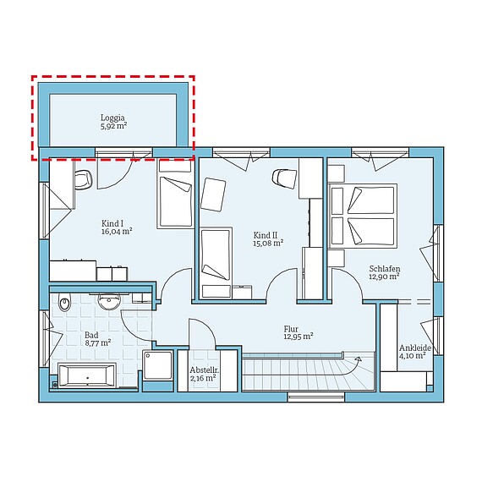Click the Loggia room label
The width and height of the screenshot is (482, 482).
(x=112, y=118)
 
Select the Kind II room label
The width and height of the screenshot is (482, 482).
(x=266, y=235)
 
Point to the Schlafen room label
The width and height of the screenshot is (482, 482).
(x=385, y=269)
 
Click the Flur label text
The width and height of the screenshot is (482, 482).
(x=291, y=329)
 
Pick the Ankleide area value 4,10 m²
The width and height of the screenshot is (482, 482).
(x=412, y=356)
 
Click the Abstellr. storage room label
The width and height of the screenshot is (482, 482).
(x=202, y=370)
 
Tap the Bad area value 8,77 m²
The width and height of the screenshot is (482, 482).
(x=98, y=342)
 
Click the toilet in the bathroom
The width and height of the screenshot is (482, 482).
(x=64, y=301)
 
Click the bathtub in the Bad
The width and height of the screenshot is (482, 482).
(x=87, y=375)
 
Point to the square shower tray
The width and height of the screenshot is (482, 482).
(x=157, y=366)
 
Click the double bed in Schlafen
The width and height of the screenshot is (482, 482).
(x=363, y=216)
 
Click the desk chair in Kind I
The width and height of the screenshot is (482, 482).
(x=84, y=179)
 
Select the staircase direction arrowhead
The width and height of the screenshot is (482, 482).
(x=359, y=359)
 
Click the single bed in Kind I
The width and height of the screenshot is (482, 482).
(x=175, y=194)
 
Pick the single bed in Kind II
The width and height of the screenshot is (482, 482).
(x=216, y=263)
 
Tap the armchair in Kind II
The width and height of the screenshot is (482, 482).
(x=213, y=194)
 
